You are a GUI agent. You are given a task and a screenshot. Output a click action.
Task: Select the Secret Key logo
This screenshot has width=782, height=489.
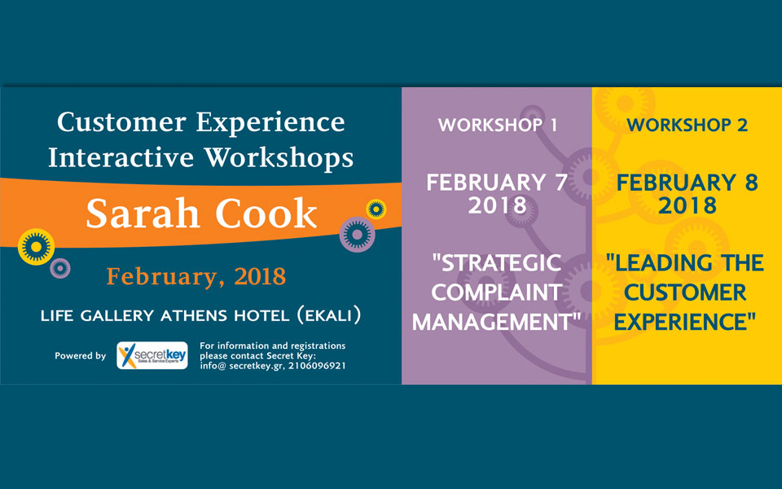[152, 355]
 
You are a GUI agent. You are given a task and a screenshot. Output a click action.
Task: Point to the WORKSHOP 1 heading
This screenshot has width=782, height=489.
[498, 126]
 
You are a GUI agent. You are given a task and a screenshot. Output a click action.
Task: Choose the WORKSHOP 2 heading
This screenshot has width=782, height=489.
[687, 126]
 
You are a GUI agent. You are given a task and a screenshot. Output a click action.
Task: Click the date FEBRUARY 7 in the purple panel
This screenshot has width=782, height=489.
[497, 182]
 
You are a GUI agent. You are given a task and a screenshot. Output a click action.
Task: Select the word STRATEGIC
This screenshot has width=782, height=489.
[497, 263]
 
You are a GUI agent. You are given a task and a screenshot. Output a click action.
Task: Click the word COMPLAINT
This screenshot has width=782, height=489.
[497, 293]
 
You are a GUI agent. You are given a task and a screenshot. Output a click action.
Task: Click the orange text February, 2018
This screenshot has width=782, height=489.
[195, 276]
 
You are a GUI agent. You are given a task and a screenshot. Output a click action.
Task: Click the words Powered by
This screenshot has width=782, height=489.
[80, 356]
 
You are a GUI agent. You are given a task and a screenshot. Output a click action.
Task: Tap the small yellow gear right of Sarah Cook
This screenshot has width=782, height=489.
[376, 209]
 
